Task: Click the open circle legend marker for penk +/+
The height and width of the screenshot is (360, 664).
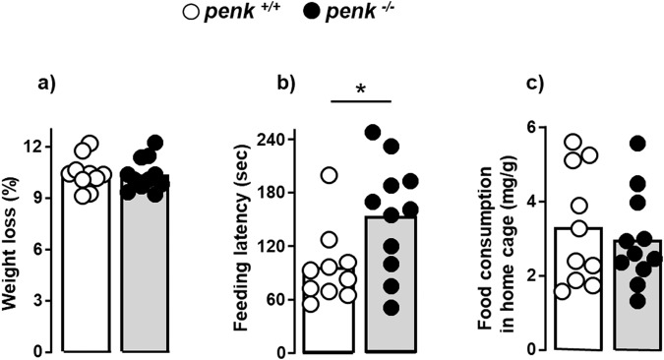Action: (x=233, y=14)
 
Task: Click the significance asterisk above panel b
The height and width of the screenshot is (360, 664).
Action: (x=362, y=90)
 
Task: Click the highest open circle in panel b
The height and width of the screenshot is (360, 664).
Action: (x=329, y=176)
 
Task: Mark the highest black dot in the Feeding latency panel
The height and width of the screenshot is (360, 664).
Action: (x=373, y=132)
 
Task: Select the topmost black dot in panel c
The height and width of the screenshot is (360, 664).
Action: (x=637, y=144)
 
